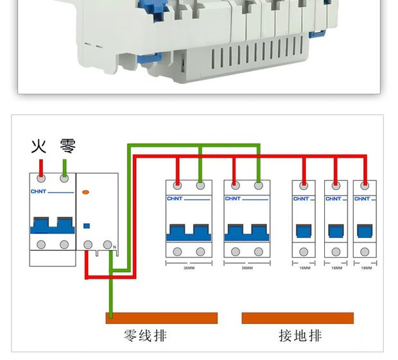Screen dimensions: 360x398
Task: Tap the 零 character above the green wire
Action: click(x=67, y=146)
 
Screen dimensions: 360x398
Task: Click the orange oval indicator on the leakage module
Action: click(x=87, y=192)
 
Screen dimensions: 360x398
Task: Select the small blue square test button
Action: click(x=87, y=225)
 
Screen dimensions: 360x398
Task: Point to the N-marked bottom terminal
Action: click(x=111, y=244)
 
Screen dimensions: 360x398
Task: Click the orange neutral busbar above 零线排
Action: click(x=162, y=318)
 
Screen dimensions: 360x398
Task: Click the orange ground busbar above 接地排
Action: click(x=297, y=318)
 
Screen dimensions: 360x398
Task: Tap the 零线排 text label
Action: click(x=145, y=336)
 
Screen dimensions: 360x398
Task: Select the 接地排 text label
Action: click(x=300, y=336)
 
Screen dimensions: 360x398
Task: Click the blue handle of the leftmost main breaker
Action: click(x=52, y=225)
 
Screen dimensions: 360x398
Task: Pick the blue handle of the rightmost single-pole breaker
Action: click(x=365, y=231)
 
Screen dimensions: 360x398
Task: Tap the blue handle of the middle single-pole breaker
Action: click(x=334, y=231)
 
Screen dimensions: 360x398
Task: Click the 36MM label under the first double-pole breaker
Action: click(x=189, y=268)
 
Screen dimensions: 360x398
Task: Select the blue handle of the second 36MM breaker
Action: click(x=247, y=231)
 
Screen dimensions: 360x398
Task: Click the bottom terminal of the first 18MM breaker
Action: click(x=303, y=252)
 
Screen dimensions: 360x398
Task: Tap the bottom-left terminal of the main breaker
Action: click(x=42, y=244)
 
